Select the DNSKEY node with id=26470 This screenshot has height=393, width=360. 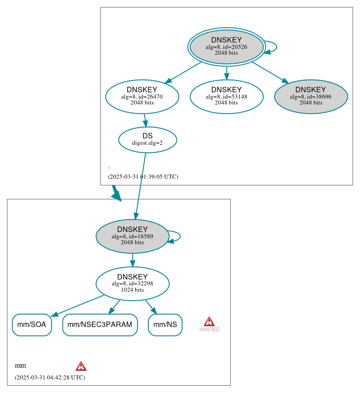point(142,96)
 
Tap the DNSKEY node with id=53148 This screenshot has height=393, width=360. point(226,96)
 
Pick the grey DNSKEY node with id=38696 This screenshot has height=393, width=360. point(311,96)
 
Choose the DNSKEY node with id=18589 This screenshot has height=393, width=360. point(132,236)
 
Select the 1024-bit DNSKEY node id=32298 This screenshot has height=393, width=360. point(132,284)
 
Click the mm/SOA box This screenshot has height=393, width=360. point(32,325)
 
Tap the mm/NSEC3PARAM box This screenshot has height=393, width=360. point(99,325)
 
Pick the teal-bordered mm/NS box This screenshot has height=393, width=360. point(165,325)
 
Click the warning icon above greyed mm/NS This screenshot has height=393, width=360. point(209,321)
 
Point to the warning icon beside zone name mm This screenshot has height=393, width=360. point(81,366)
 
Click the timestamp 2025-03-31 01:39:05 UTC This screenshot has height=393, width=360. point(143,177)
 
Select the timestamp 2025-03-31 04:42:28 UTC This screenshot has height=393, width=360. point(50,378)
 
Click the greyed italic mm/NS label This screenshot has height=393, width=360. point(209,330)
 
